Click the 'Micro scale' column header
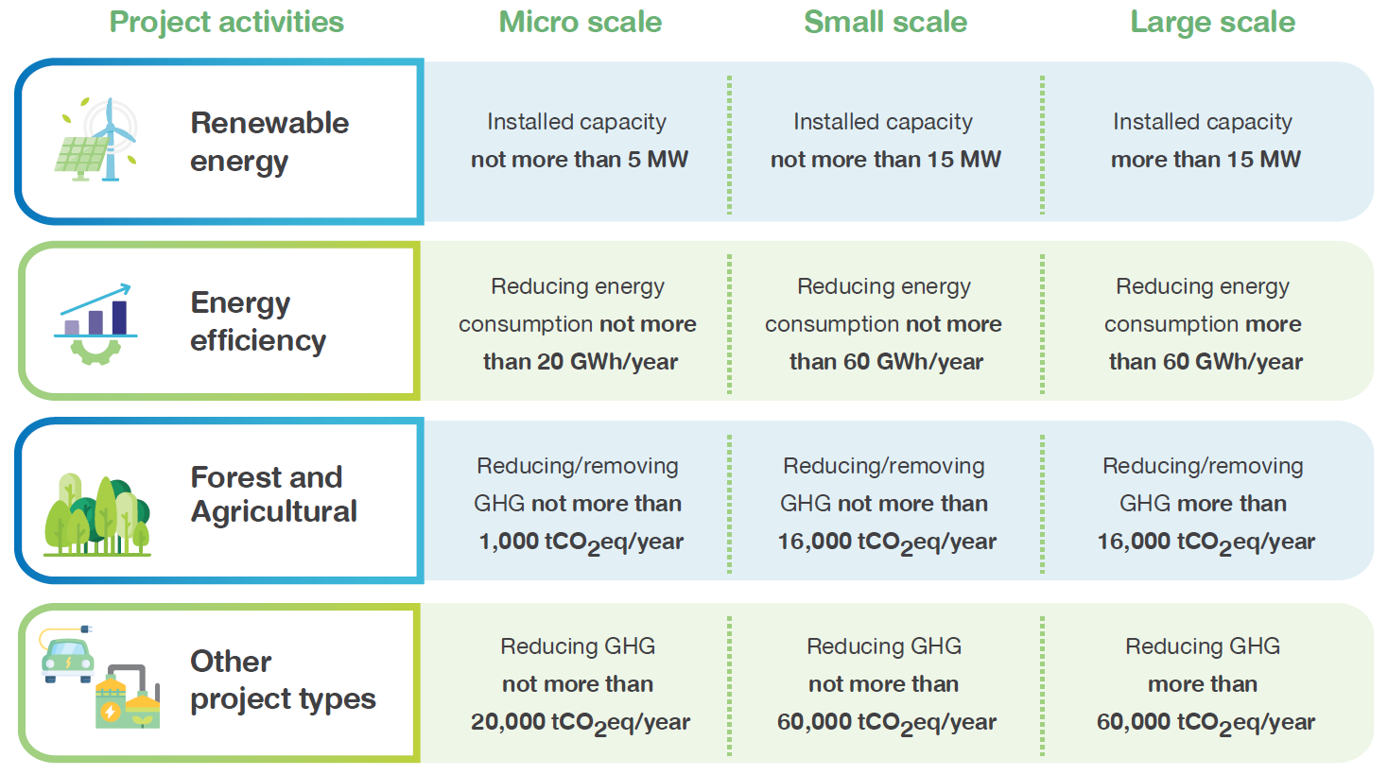[x=580, y=22]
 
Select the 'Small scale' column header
[x=885, y=22]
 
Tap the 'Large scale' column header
[x=1212, y=22]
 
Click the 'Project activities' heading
[x=226, y=22]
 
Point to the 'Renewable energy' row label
[x=269, y=142]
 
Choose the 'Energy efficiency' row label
[x=258, y=321]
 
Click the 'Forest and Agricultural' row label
[x=273, y=494]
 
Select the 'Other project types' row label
[x=282, y=680]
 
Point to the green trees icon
[x=96, y=513]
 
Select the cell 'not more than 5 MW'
[x=579, y=160]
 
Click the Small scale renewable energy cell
[x=885, y=142]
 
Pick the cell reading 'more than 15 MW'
[x=1205, y=160]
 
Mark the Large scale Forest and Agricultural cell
[x=1205, y=504]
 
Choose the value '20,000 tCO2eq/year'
[x=580, y=723]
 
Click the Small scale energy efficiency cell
[x=885, y=324]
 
